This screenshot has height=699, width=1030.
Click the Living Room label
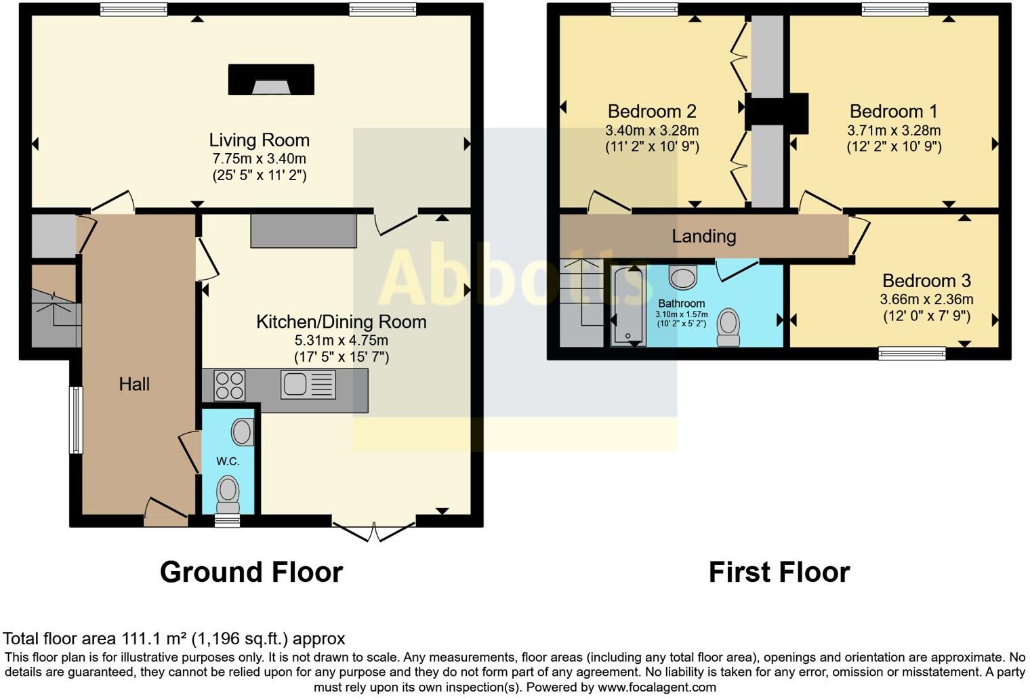[259, 140]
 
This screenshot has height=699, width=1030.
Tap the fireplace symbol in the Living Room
[271, 80]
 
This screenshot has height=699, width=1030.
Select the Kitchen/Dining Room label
[341, 322]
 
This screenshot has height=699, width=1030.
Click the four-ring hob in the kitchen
[229, 385]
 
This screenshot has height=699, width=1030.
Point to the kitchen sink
[308, 385]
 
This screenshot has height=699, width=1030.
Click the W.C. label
[228, 461]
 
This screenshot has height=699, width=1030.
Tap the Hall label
[134, 384]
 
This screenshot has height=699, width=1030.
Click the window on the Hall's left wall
[76, 419]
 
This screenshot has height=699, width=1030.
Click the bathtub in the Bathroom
[628, 307]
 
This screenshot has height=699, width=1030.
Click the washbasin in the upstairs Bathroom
[682, 277]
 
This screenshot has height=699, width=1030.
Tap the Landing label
[703, 236]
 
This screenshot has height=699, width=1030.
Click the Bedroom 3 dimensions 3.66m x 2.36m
[926, 299]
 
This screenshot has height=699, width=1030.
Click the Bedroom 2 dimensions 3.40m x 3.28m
[651, 130]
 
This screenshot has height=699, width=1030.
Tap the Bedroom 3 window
[911, 352]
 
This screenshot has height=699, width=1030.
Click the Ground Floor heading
[251, 572]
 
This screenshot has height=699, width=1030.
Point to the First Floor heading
[779, 572]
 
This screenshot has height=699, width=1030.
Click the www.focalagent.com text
[655, 687]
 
